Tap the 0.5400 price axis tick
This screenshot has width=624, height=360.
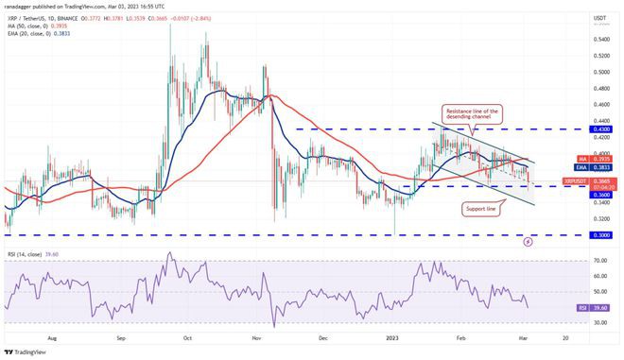pyautogui.click(x=601, y=39)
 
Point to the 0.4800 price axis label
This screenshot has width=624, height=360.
pyautogui.click(x=601, y=89)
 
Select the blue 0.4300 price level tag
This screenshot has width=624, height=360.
pyautogui.click(x=601, y=129)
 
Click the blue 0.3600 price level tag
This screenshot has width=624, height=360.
pyautogui.click(x=601, y=195)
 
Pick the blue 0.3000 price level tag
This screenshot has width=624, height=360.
pyautogui.click(x=601, y=234)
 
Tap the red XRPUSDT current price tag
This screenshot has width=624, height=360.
pyautogui.click(x=601, y=180)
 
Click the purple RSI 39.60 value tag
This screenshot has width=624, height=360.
pyautogui.click(x=601, y=306)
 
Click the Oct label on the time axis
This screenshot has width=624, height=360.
pyautogui.click(x=187, y=336)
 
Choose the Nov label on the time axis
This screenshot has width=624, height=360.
pyautogui.click(x=257, y=336)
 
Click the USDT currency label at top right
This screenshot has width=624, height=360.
pyautogui.click(x=599, y=16)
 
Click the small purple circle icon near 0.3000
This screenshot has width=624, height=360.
pyautogui.click(x=528, y=241)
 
